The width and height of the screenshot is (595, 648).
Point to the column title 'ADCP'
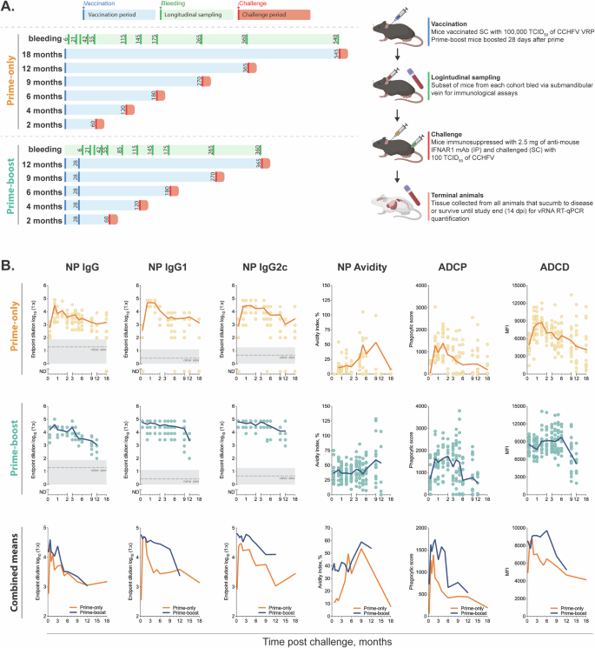click(x=447, y=269)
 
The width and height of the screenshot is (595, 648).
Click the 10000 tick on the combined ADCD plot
click(x=512, y=505)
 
